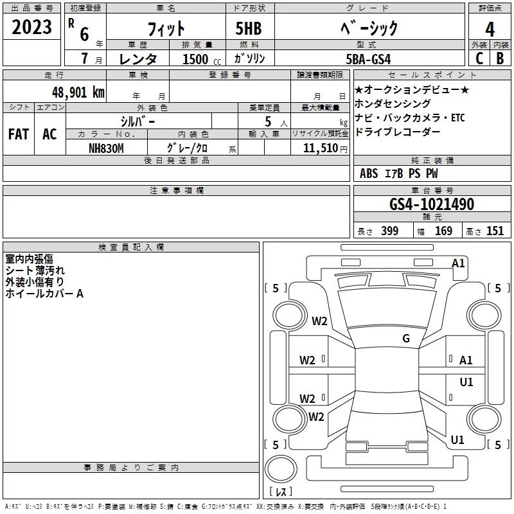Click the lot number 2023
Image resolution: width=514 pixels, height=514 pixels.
pyautogui.click(x=31, y=27)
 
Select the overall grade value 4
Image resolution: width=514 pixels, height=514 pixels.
pyautogui.click(x=490, y=30)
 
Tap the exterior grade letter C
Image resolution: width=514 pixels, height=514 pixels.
pyautogui.click(x=479, y=58)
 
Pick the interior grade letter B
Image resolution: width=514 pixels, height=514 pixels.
pyautogui.click(x=500, y=58)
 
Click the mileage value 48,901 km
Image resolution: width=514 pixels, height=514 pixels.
pyautogui.click(x=78, y=93)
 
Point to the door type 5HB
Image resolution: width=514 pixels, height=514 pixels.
pyautogui.click(x=249, y=28)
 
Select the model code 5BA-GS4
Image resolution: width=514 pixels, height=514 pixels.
pyautogui.click(x=368, y=59)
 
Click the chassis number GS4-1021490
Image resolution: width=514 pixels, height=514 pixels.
pyautogui.click(x=432, y=204)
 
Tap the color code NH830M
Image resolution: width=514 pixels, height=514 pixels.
pyautogui.click(x=106, y=148)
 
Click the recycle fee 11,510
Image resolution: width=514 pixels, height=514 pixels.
pyautogui.click(x=321, y=148)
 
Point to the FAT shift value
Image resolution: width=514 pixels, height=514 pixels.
pyautogui.click(x=19, y=134)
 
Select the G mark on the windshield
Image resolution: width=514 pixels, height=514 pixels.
pyautogui.click(x=406, y=338)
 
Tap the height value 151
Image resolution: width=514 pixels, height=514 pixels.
pyautogui.click(x=495, y=231)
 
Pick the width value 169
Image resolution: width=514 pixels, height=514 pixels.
pyautogui.click(x=443, y=231)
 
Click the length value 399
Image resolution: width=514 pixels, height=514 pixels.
pyautogui.click(x=389, y=231)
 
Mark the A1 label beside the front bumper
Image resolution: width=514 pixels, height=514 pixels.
pyautogui.click(x=458, y=263)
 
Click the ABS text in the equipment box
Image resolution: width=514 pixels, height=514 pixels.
pyautogui.click(x=369, y=173)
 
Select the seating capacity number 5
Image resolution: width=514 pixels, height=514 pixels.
pyautogui.click(x=268, y=121)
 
